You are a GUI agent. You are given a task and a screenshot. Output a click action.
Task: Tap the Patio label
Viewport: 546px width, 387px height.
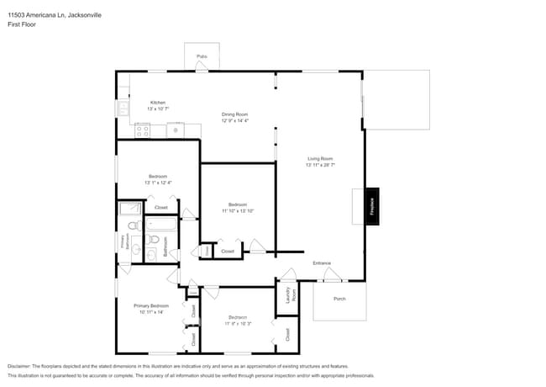tap(202, 56)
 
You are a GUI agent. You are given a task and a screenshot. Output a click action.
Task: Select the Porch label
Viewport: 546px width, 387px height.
tap(339, 299)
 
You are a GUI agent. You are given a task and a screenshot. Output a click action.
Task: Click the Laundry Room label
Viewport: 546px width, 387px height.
tap(287, 295)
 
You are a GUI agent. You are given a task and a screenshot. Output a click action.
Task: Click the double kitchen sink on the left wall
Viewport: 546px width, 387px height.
tap(123, 109)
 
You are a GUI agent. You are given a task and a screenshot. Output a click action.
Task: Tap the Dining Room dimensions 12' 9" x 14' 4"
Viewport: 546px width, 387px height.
tap(235, 121)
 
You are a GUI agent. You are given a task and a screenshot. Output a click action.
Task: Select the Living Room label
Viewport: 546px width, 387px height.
tap(320, 158)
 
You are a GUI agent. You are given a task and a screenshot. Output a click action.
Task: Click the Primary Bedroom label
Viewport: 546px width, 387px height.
tap(151, 305)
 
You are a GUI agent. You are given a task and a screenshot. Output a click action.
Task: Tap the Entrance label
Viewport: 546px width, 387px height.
tap(322, 262)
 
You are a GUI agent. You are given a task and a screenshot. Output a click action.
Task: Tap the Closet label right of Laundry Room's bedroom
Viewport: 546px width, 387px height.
tap(287, 333)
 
